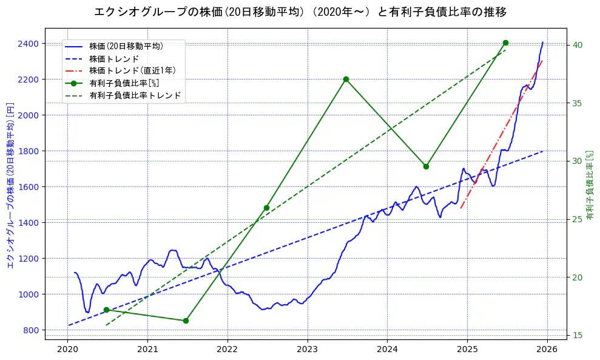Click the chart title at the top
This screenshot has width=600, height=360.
[x=300, y=12]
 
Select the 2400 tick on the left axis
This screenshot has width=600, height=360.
[x=29, y=44]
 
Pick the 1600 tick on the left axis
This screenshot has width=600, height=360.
[x=29, y=187]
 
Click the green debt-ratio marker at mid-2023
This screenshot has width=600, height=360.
[x=346, y=79]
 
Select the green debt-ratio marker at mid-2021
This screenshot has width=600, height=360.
[x=186, y=321]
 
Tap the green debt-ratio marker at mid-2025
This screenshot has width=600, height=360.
[x=505, y=42]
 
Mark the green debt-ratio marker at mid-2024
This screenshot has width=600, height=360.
[x=426, y=166]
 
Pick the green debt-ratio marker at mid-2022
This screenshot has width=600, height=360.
[x=266, y=208]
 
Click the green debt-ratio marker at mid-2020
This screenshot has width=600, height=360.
[x=106, y=310]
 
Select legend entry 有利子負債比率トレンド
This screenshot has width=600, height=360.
[x=135, y=95]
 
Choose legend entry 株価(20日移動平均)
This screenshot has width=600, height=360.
[x=126, y=46]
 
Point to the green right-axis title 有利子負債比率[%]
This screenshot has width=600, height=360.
[x=590, y=185]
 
